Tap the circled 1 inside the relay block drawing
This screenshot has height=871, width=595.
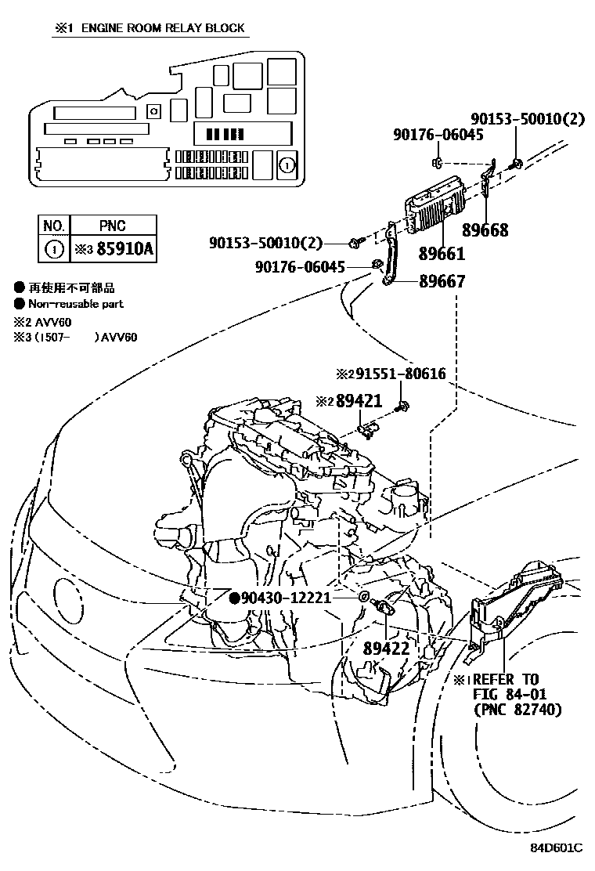tap(287, 164)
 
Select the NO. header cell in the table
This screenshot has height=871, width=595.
tap(54, 226)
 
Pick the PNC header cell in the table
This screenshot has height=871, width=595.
tap(113, 226)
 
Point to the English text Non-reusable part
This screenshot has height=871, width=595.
tap(75, 304)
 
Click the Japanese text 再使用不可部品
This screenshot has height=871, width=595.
tap(71, 288)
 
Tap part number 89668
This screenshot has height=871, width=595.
tap(485, 229)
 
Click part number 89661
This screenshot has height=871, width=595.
tap(441, 254)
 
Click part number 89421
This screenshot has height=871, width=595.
tap(359, 401)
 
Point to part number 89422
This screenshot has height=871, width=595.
tap(385, 649)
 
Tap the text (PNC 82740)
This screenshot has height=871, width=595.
tap(517, 710)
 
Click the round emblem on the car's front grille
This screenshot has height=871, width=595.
tap(67, 597)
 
